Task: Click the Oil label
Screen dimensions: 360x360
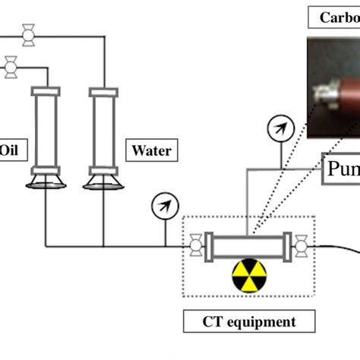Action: point(9,150)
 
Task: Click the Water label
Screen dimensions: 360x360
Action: point(151,150)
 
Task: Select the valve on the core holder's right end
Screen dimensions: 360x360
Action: point(302,245)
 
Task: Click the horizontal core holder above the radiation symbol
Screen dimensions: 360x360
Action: point(248,245)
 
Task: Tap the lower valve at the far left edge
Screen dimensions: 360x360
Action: point(11,67)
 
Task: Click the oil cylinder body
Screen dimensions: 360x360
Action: point(45,129)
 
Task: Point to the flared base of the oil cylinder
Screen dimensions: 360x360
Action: point(45,180)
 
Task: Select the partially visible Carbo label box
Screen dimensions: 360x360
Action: point(334,17)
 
